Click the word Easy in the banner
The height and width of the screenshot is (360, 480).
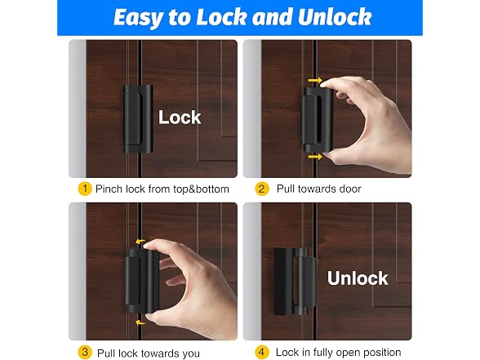pos(139,17)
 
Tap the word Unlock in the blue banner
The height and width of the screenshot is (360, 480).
pos(335,16)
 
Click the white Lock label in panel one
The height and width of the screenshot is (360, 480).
pos(180,118)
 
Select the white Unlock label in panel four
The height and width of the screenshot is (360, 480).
pos(358,278)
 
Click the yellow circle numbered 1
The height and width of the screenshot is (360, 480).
pos(85,189)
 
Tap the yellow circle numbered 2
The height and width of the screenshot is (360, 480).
pos(262,189)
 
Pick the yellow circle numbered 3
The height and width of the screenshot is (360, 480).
pos(85,353)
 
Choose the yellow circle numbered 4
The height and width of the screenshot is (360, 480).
pos(262,353)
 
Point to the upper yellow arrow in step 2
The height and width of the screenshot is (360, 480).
pos(315,81)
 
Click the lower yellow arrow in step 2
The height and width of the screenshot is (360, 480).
pos(315,157)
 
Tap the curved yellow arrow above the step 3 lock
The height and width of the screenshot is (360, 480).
pos(140,242)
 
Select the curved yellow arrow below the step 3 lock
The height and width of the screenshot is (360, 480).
pos(140,322)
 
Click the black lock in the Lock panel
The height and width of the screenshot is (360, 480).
pos(138,119)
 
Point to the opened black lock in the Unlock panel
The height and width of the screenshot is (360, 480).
pos(295,282)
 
